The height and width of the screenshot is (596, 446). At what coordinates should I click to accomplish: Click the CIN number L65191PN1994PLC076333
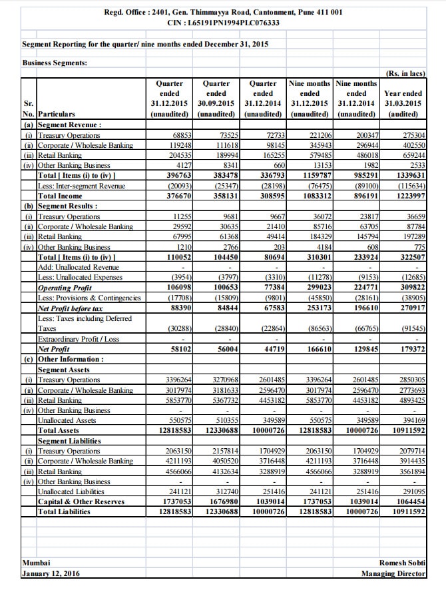coord(223,22)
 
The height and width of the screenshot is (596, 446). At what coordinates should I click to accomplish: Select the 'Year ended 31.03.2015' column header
coord(403,99)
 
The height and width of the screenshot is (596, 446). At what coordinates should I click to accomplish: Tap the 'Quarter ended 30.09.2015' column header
coord(216,99)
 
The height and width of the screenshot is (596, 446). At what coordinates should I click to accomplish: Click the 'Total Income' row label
coord(61,196)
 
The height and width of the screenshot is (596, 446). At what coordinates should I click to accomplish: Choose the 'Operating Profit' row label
coord(65,287)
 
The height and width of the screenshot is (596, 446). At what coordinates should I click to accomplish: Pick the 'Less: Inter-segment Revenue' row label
coord(81,186)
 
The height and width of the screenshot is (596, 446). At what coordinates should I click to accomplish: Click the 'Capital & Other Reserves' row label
coord(78,501)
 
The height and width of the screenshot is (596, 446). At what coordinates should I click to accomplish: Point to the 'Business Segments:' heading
coord(51,63)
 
